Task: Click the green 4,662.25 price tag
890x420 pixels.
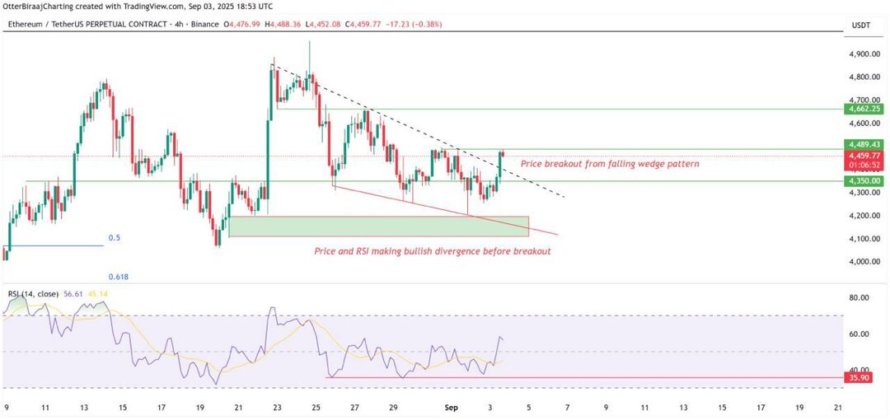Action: (864, 109)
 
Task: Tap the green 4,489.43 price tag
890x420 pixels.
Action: (864, 144)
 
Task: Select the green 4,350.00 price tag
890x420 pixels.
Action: (864, 180)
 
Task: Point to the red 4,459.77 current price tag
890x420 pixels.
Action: (864, 155)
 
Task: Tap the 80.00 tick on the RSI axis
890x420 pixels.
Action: (860, 297)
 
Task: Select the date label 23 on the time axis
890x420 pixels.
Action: (277, 408)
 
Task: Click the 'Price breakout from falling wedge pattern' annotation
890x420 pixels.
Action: (610, 164)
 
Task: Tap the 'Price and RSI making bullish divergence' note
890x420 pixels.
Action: (432, 251)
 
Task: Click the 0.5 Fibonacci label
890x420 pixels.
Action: (115, 238)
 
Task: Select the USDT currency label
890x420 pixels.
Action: (860, 26)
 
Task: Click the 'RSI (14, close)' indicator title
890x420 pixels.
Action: (34, 293)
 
